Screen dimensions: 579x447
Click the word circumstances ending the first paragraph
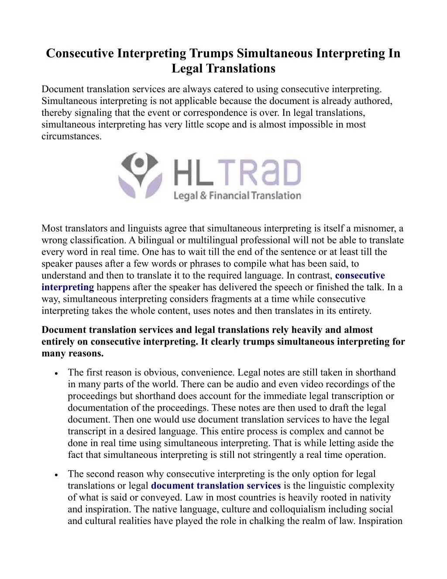(x=71, y=136)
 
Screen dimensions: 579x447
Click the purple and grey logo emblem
(x=139, y=175)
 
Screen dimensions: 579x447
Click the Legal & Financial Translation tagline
(x=237, y=195)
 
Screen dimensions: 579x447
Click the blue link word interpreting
(x=68, y=287)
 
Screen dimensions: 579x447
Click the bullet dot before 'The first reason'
(x=58, y=374)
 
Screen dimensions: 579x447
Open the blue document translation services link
(x=217, y=485)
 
